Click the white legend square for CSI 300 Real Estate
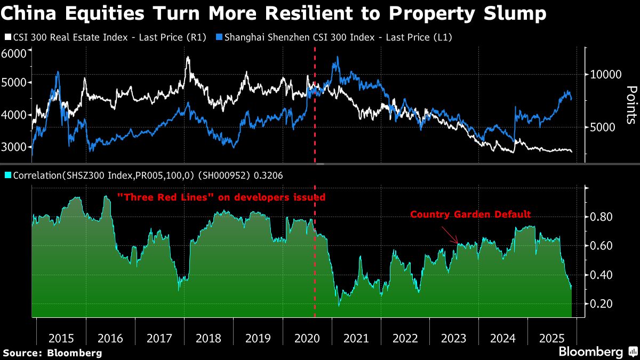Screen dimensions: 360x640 6,37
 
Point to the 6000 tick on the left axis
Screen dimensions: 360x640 14,53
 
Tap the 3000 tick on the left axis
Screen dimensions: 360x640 14,147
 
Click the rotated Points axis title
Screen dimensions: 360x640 631,105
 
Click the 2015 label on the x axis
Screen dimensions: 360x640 61,338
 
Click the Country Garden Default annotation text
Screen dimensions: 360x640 470,214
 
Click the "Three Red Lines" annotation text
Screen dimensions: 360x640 221,197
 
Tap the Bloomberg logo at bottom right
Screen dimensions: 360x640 597,351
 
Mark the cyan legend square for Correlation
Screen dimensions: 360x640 6,174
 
